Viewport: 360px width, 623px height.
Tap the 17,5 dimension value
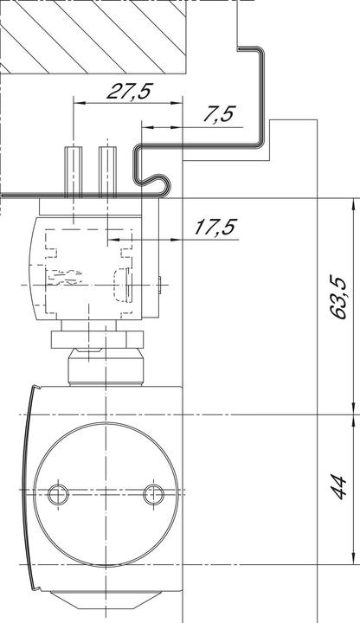tap(215, 227)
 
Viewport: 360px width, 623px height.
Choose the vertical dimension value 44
tap(340, 488)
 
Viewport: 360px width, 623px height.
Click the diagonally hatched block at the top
tap(95, 35)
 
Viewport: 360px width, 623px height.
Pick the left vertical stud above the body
tap(74, 170)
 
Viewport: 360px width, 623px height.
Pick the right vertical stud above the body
tap(106, 170)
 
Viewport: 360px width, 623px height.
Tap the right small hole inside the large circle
tap(153, 494)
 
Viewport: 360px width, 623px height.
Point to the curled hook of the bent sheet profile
tap(154, 182)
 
